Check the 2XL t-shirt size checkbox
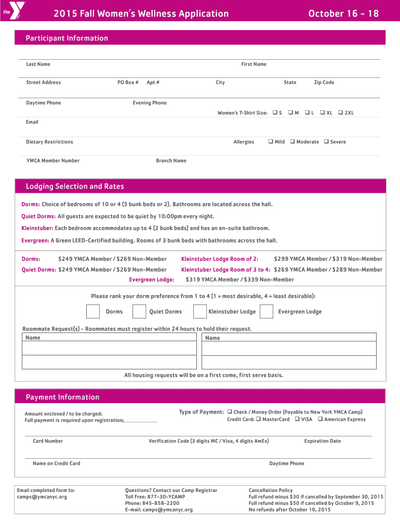coord(340,113)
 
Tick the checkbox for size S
coord(275,113)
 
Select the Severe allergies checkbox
coord(326,142)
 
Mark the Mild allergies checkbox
coord(271,142)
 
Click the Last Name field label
coord(38,64)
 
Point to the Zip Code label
coord(324,83)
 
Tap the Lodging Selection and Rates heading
coord(75,187)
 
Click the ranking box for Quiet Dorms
coord(139,311)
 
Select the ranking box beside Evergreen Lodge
coord(266,311)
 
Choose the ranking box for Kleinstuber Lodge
coord(200,311)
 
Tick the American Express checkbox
coord(320,419)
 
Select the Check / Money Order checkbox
coord(229,412)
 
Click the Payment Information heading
coord(62,397)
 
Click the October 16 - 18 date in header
coord(343,14)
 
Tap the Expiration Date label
coord(322,441)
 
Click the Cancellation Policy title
coord(270,490)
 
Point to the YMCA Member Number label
coord(53,161)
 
